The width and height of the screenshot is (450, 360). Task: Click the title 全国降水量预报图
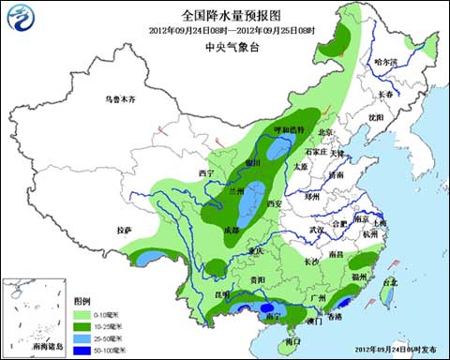pyautogui.click(x=224, y=15)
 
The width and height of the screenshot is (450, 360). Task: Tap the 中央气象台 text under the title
pyautogui.click(x=224, y=43)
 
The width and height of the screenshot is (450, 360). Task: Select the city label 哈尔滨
pyautogui.click(x=385, y=62)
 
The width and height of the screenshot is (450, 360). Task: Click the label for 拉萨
pyautogui.click(x=125, y=230)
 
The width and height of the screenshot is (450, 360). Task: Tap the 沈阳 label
pyautogui.click(x=376, y=117)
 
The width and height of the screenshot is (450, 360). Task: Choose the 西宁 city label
pyautogui.click(x=208, y=173)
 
